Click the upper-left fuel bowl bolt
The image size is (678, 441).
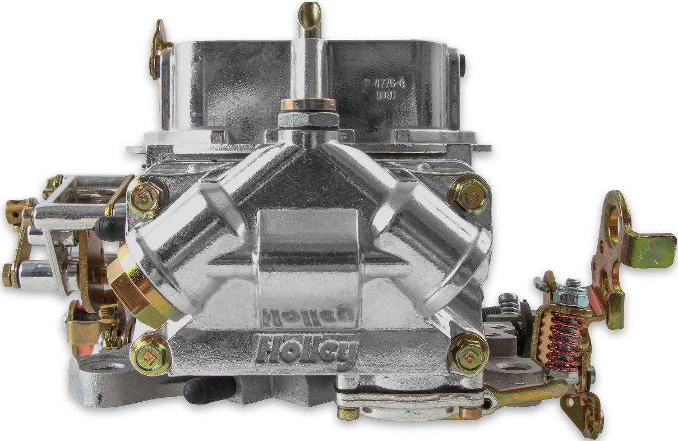click(147, 196)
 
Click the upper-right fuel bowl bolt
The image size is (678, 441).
click(469, 194)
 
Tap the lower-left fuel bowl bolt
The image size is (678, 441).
click(151, 355)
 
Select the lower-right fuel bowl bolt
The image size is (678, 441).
click(468, 353)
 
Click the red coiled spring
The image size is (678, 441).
click(565, 342)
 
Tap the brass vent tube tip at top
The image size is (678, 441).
click(310, 13)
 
